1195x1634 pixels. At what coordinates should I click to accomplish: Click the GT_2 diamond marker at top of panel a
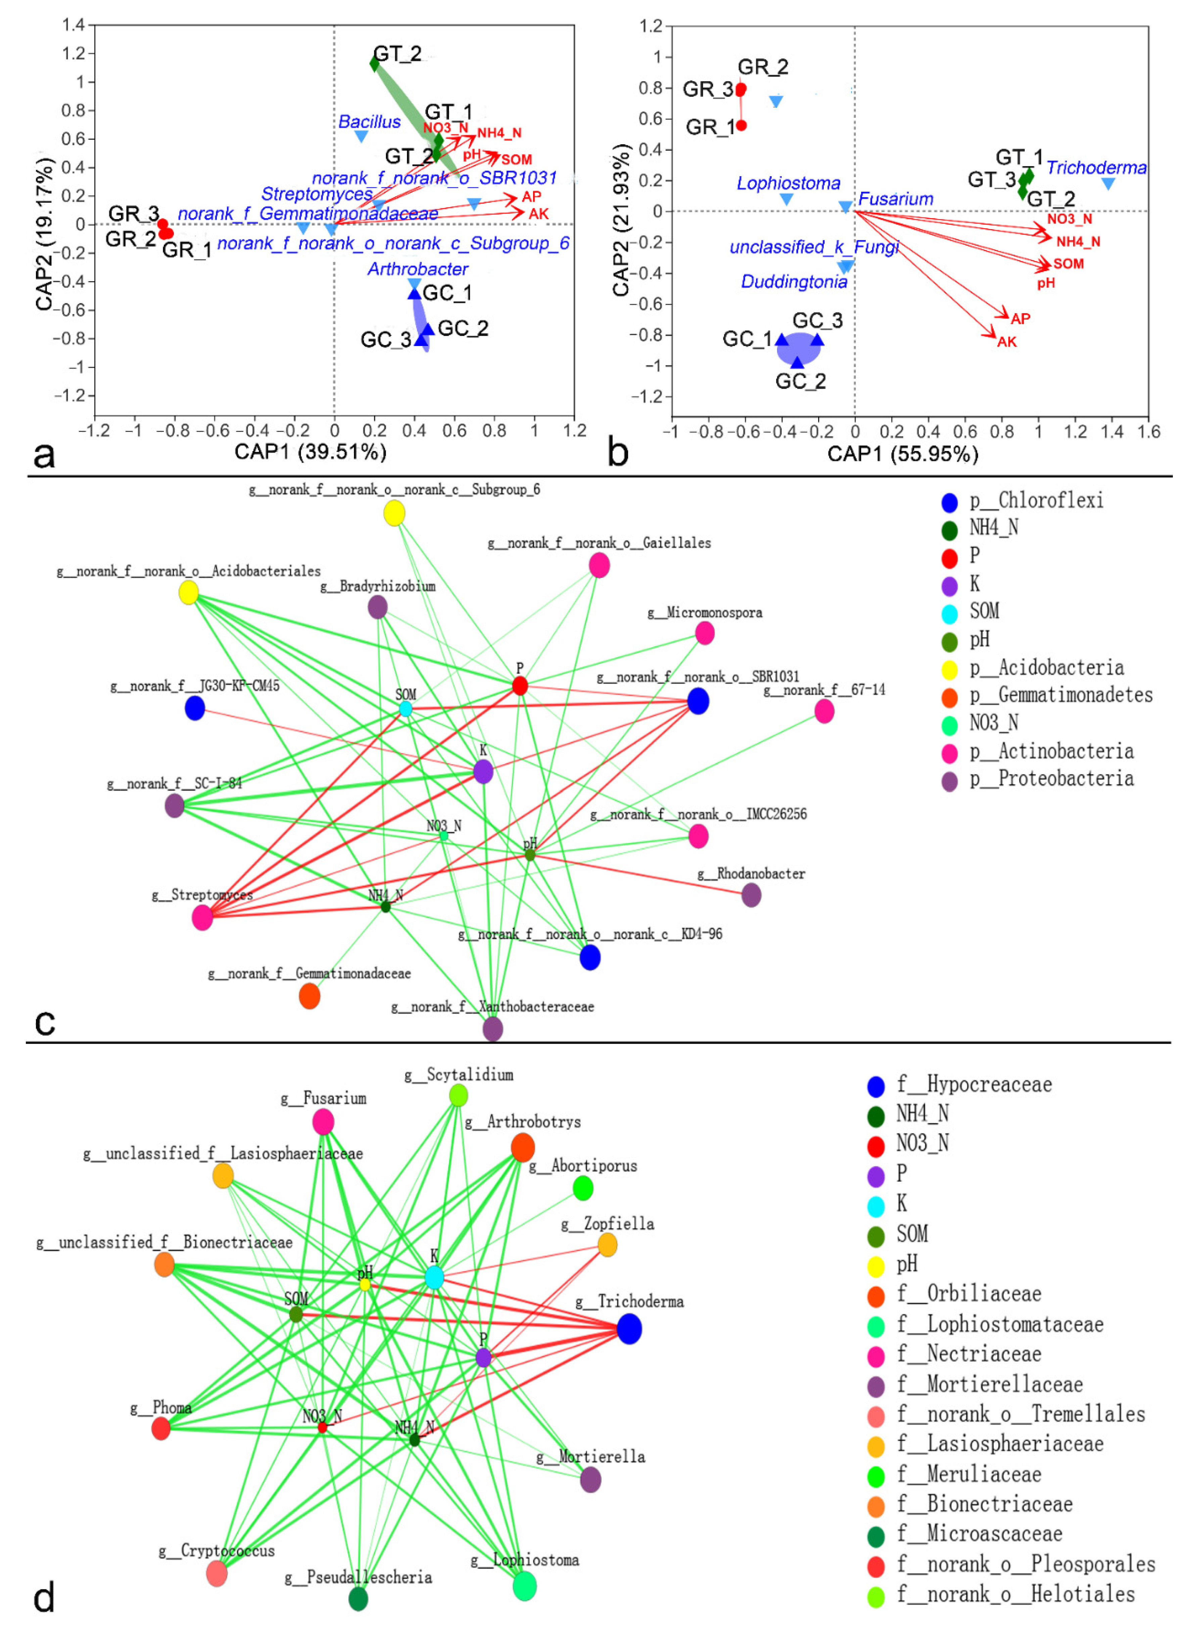[x=374, y=64]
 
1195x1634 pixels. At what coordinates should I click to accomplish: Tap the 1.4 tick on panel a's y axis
[x=73, y=25]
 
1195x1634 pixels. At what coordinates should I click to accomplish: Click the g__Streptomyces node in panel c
[x=202, y=918]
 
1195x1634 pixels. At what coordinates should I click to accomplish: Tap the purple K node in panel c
[x=483, y=772]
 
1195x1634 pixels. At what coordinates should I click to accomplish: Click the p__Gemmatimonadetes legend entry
[x=1060, y=696]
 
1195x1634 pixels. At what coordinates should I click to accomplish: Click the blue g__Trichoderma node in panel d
[x=629, y=1329]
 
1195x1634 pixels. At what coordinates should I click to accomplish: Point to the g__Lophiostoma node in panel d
[x=524, y=1586]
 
